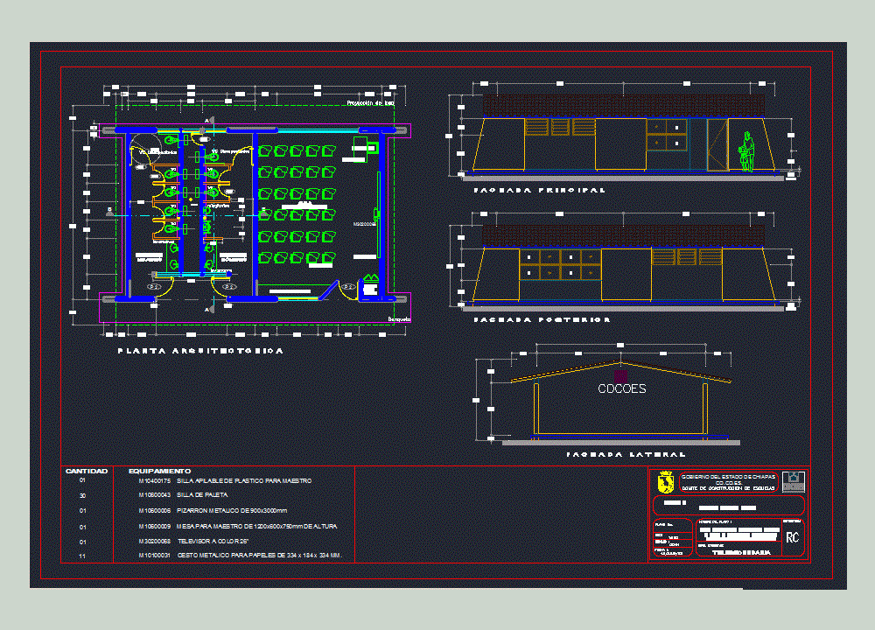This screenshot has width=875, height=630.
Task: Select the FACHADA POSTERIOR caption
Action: click(x=542, y=320)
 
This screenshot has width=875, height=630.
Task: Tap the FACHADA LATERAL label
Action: click(x=625, y=455)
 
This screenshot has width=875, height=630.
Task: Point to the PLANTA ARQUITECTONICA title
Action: click(x=200, y=351)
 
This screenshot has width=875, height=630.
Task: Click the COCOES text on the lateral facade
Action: click(x=621, y=388)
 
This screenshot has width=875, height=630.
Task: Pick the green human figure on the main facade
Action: click(x=745, y=151)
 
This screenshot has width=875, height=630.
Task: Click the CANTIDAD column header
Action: click(x=86, y=472)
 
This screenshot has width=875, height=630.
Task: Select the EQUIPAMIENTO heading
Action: click(x=159, y=472)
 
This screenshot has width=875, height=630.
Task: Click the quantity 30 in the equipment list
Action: click(x=82, y=495)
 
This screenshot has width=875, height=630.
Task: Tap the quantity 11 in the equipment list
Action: click(x=82, y=556)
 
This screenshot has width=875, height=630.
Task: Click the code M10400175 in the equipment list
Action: click(x=155, y=481)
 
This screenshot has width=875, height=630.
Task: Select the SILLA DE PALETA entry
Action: click(x=202, y=495)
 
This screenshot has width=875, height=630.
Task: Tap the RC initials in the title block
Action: click(x=793, y=537)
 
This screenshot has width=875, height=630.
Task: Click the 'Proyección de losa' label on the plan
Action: click(x=370, y=103)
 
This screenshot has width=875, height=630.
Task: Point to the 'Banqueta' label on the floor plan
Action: click(x=399, y=320)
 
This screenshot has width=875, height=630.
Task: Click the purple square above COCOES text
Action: click(x=621, y=375)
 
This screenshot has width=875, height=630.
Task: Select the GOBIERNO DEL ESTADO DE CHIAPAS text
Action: click(x=728, y=476)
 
